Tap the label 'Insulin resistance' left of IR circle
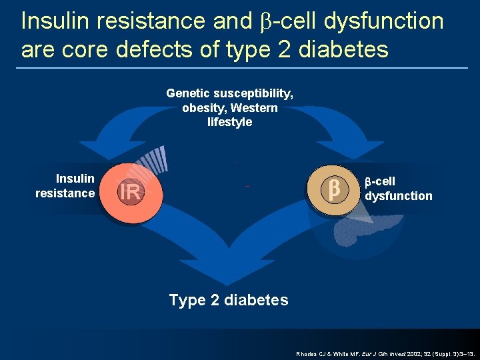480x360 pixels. click(x=65, y=186)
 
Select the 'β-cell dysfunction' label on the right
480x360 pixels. click(x=397, y=189)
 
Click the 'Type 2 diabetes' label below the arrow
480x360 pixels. click(x=229, y=300)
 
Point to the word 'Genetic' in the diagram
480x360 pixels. click(x=188, y=94)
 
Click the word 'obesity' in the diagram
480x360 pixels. click(x=203, y=108)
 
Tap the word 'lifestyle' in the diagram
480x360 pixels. click(x=229, y=122)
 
